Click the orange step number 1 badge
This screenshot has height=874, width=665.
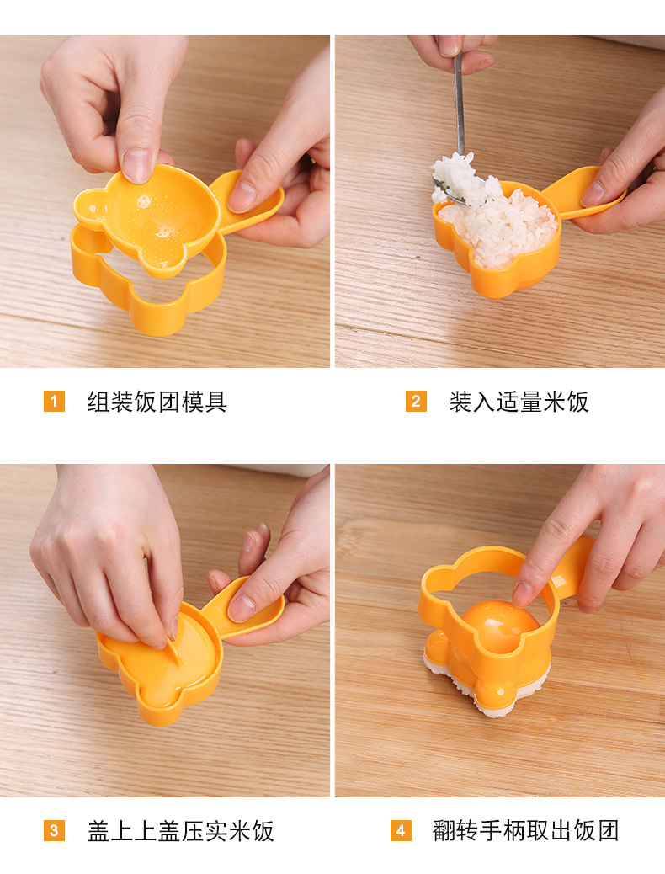(x=54, y=402)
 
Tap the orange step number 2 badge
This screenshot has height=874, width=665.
(x=416, y=402)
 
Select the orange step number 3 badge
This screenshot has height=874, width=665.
(x=54, y=831)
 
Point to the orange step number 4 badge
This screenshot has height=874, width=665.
(x=401, y=831)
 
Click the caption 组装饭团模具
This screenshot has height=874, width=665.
(x=157, y=402)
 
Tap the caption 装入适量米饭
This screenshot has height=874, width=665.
(x=519, y=402)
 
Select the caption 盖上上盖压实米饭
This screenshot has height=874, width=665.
(x=181, y=831)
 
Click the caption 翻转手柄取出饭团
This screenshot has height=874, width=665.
(x=526, y=831)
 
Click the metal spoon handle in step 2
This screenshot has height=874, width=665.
(x=460, y=101)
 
